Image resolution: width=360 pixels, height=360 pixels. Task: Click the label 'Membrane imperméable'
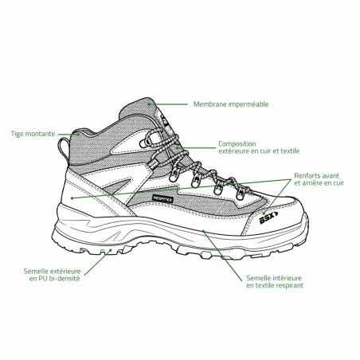click(x=231, y=104)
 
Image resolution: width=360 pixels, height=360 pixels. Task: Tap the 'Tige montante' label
click(x=33, y=134)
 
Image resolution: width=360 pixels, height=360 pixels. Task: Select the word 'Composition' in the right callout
click(x=237, y=144)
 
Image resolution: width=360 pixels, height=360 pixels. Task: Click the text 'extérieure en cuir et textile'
click(x=259, y=151)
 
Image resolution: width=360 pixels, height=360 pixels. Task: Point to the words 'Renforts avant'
click(x=317, y=176)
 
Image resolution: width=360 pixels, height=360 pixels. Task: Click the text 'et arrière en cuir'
click(x=319, y=183)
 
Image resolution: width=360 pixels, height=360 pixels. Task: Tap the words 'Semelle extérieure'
click(x=52, y=272)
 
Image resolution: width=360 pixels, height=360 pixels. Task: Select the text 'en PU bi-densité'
click(x=55, y=279)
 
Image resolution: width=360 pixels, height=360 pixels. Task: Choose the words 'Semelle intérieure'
click(x=274, y=278)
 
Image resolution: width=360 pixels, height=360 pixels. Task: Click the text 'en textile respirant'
click(x=275, y=285)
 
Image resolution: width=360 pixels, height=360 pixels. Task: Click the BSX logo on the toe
click(x=268, y=217)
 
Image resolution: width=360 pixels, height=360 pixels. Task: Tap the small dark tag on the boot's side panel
click(x=162, y=199)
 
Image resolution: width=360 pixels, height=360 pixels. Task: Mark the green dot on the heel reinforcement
click(x=72, y=198)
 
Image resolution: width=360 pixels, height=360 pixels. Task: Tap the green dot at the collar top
click(x=149, y=104)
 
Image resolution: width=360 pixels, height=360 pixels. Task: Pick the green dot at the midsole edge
click(x=203, y=231)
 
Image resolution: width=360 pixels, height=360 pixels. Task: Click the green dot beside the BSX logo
click(x=264, y=213)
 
